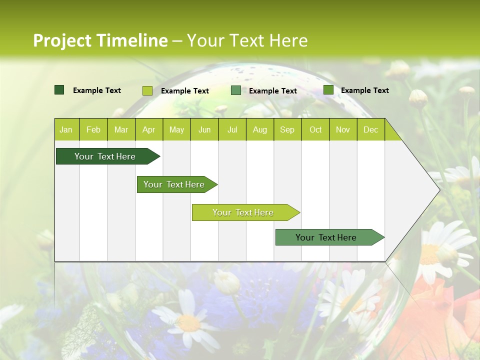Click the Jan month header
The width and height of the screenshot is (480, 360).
[x=66, y=130]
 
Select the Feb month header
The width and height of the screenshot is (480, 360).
[x=93, y=130]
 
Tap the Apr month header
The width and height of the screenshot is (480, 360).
[x=148, y=130]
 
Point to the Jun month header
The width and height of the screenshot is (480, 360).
[x=204, y=130]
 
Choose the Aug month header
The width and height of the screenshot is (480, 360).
[x=259, y=130]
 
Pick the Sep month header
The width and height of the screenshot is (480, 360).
[x=287, y=130]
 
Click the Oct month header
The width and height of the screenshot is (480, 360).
[x=315, y=130]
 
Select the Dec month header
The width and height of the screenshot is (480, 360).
[x=370, y=130]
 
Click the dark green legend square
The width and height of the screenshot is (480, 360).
[x=59, y=90]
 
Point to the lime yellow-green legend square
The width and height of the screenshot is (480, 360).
[x=147, y=90]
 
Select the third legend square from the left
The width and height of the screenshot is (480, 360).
[x=236, y=90]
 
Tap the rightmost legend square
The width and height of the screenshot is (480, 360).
[x=328, y=90]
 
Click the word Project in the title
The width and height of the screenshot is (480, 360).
[x=62, y=40]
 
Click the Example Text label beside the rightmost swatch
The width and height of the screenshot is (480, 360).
[x=364, y=90]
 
